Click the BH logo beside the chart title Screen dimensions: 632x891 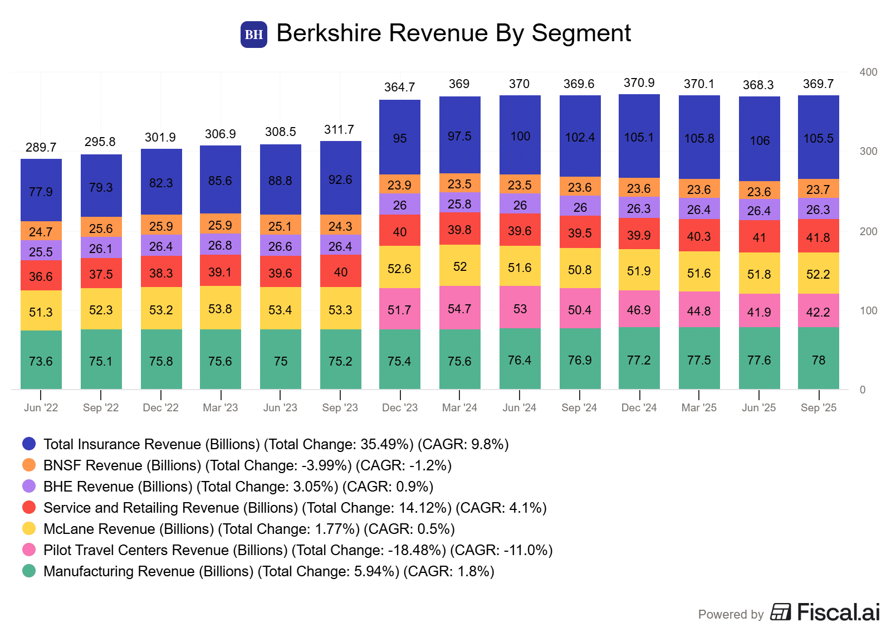[x=253, y=35]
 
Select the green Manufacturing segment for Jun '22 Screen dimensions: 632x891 [x=41, y=359]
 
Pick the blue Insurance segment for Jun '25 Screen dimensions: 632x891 [x=759, y=139]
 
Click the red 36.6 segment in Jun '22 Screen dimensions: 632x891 [x=41, y=275]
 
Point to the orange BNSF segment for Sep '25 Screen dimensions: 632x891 [x=818, y=189]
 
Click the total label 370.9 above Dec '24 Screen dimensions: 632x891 [x=639, y=83]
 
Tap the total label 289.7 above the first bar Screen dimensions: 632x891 [x=41, y=147]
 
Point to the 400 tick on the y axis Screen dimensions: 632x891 [x=868, y=72]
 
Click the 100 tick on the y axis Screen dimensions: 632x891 [x=868, y=310]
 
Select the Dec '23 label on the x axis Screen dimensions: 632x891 [x=400, y=407]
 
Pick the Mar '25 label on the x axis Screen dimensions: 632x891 [x=699, y=407]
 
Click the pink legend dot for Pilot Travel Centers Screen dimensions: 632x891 [x=29, y=550]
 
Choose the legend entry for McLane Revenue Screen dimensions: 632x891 [x=249, y=529]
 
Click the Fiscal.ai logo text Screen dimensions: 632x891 [x=838, y=612]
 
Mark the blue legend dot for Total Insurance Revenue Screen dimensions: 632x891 [x=29, y=444]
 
